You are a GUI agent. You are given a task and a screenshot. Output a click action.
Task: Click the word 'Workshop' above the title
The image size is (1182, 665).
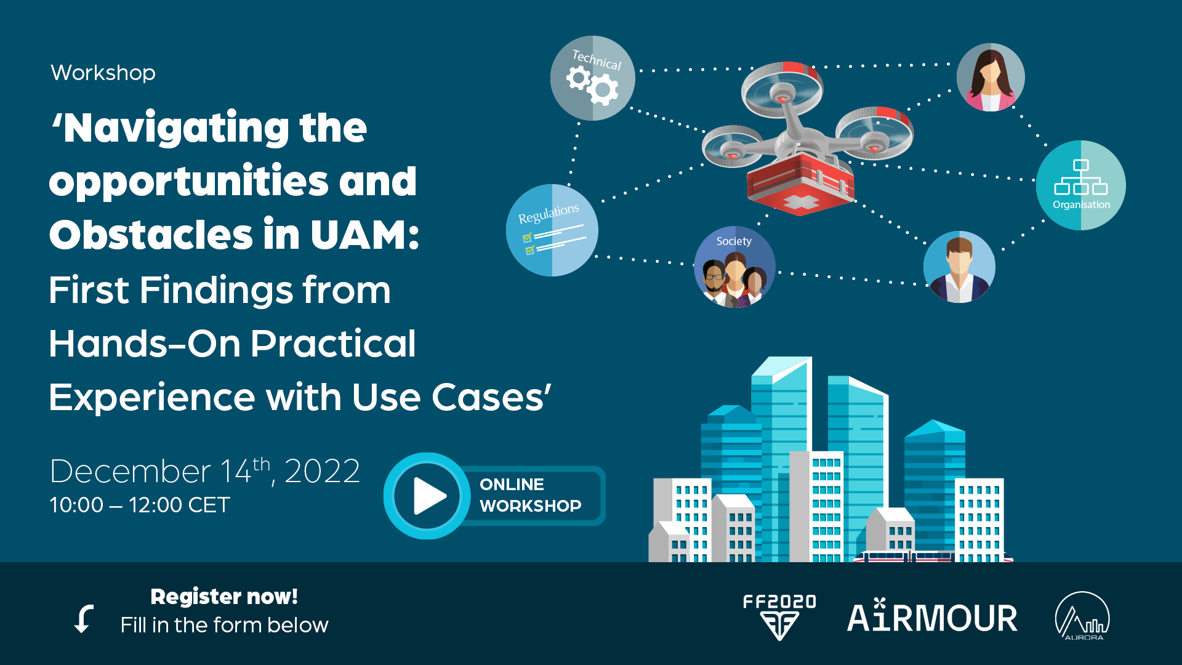coord(103,73)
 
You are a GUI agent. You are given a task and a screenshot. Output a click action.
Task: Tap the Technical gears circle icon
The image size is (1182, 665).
coord(592,78)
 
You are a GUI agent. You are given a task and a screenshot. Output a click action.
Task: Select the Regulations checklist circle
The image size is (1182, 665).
coord(552,230)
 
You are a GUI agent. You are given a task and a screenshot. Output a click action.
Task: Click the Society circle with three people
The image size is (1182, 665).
coord(734,267)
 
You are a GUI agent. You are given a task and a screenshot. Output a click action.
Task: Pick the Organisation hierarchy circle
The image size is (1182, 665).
coord(1081,185)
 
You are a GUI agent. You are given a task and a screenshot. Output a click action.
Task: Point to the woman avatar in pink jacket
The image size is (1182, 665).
coord(991,77)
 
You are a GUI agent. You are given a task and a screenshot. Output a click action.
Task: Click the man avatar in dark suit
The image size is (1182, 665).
coord(959,267)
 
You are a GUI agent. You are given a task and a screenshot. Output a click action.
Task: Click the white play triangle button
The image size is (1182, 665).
coord(429,496)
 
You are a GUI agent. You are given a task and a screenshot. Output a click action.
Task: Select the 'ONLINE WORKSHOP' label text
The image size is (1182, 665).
coord(531,495)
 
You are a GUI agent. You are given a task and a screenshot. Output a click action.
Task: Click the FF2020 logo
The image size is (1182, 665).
coord(779,617)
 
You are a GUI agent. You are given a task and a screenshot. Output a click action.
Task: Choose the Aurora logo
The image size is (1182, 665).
coord(1082,616)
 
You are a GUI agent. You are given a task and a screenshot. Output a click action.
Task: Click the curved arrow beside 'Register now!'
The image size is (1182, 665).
coord(84,618)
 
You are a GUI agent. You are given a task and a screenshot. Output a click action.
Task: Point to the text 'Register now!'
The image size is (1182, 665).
coord(224,596)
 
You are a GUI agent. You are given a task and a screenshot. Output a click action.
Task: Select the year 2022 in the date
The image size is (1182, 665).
coord(322,471)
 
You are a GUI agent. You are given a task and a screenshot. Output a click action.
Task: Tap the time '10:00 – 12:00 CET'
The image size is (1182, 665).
coord(140,505)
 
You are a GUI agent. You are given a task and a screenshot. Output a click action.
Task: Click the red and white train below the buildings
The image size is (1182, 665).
coord(933,557)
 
